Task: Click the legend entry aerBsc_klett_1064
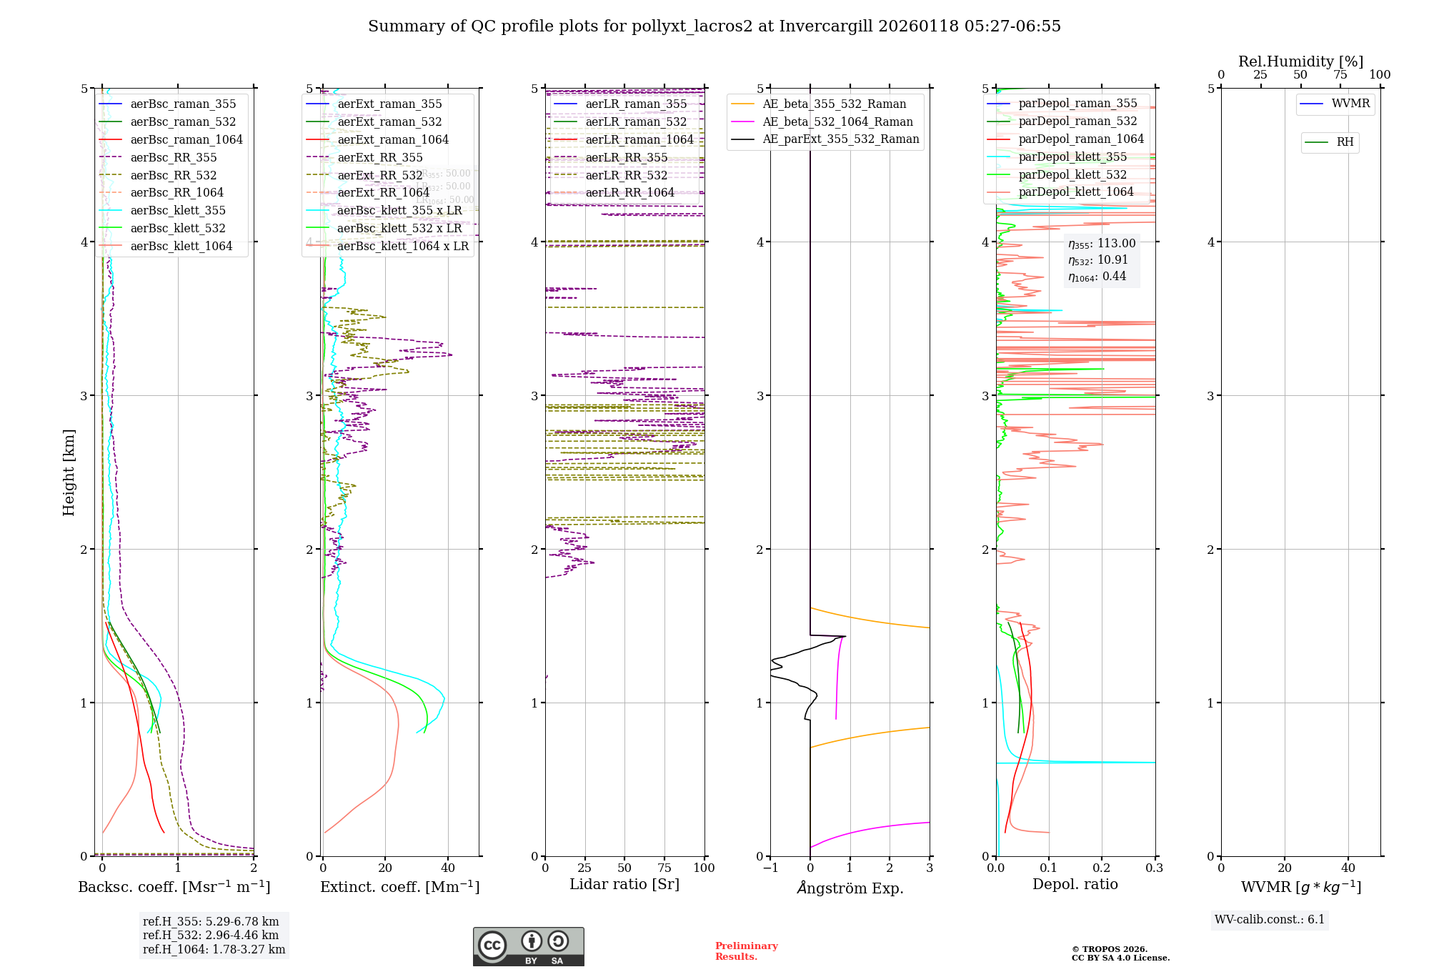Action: (181, 246)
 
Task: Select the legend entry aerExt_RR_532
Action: (380, 175)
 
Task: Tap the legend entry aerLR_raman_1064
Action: (639, 139)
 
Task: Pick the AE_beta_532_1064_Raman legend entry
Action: (837, 121)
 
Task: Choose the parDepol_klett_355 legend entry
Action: (1072, 157)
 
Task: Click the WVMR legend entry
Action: (1350, 104)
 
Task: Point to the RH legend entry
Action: (1345, 142)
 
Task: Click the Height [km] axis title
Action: (69, 472)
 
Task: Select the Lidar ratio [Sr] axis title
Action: (624, 884)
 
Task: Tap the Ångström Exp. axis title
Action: (850, 888)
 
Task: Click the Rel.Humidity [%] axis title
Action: (1300, 61)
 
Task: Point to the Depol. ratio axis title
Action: (1075, 884)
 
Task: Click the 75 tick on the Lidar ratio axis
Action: (664, 868)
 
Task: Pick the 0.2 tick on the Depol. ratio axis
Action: (1102, 868)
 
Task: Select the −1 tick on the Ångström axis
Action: (770, 868)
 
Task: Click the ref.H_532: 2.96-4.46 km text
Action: (211, 935)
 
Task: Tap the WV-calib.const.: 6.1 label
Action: (1270, 919)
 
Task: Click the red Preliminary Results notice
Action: (746, 951)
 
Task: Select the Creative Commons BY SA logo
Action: (528, 946)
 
